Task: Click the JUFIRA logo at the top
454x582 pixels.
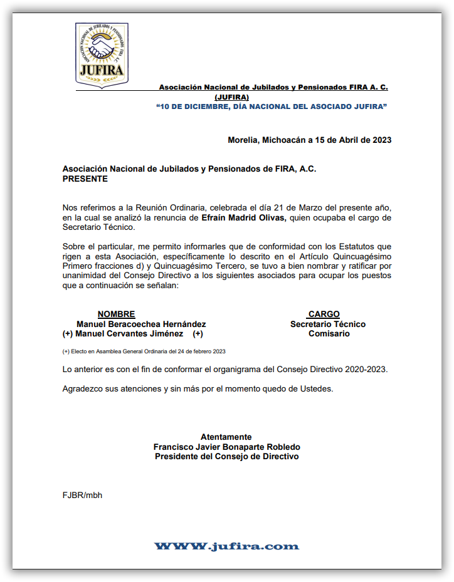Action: point(102,55)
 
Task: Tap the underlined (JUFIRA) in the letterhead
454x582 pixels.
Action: point(231,98)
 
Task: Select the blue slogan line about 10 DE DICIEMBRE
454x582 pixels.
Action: point(271,107)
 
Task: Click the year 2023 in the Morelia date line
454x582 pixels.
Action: point(382,140)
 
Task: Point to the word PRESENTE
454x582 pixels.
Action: point(85,179)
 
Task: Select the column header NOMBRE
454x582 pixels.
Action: point(116,314)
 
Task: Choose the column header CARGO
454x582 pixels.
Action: point(324,314)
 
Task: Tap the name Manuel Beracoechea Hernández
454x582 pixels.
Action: point(141,324)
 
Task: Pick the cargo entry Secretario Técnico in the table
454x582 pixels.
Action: point(328,324)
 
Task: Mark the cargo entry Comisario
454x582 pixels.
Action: point(329,334)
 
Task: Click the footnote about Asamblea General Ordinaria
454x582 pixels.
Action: point(144,351)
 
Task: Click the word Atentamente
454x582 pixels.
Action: point(226,437)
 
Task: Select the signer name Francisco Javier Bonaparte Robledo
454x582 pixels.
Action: point(226,447)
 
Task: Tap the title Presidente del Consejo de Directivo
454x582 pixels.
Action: point(226,457)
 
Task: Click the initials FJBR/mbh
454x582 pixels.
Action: point(82,495)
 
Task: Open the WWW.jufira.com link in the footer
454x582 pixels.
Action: point(226,546)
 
